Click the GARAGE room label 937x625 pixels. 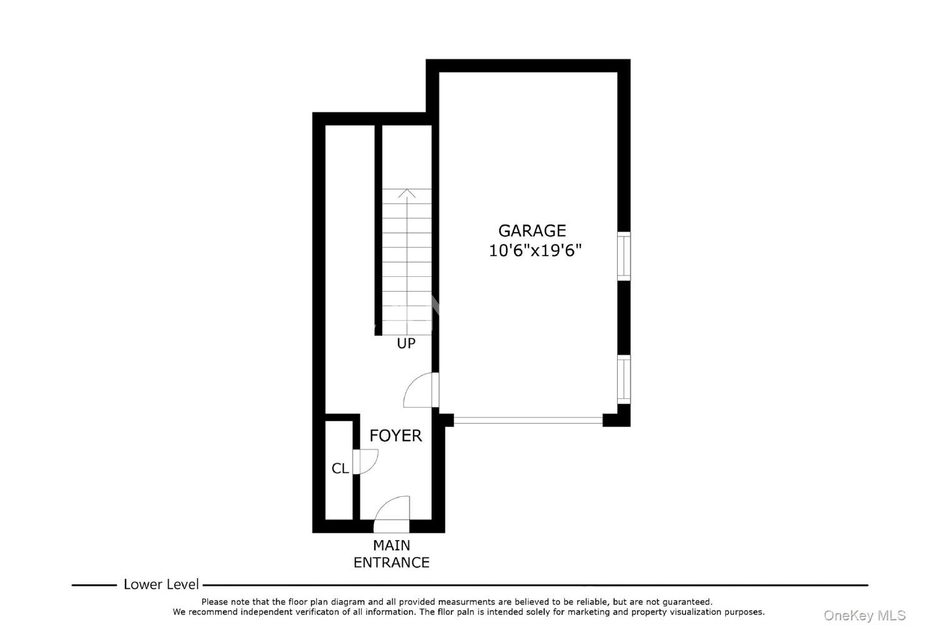coord(532,231)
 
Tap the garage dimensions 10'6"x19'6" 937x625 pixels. coord(535,251)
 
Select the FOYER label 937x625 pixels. coord(395,436)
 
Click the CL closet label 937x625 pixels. coord(340,468)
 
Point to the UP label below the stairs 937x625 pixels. coord(406,344)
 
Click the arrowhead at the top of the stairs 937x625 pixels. coord(407,193)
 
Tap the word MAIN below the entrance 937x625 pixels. coord(392,546)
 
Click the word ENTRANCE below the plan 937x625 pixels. coord(392,562)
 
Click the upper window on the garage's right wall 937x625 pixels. coord(623,256)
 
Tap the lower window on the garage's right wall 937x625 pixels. coord(623,379)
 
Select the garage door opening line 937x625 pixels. coord(528,420)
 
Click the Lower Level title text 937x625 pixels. coord(161,584)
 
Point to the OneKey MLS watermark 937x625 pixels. coord(865,616)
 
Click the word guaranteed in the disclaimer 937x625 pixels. coord(687,602)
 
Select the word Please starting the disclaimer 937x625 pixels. coord(215,602)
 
